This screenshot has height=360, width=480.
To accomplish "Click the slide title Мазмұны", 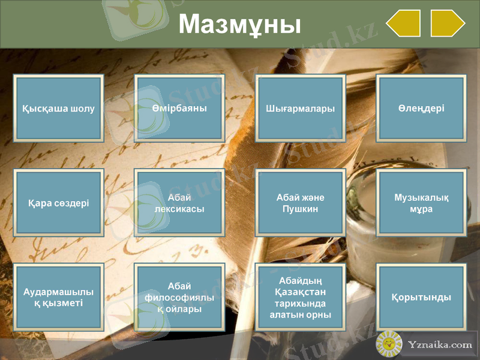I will tap(239, 25).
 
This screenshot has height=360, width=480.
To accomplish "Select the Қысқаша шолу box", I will tap(59, 109).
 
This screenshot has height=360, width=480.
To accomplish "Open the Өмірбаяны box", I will tap(179, 109).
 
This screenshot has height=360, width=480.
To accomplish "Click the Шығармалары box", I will tap(300, 109).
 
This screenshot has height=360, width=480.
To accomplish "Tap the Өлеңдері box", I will tap(421, 109).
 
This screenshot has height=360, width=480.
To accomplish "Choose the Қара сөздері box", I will tap(59, 203).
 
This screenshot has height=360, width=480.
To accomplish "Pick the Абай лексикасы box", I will tap(179, 203).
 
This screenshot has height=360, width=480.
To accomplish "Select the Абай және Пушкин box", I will tap(300, 203).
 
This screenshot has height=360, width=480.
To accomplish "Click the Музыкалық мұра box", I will tap(421, 203).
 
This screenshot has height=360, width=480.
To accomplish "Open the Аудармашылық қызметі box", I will tap(59, 298).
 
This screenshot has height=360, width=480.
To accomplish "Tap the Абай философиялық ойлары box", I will tap(179, 298).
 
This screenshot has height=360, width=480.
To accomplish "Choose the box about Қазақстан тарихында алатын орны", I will tap(300, 298).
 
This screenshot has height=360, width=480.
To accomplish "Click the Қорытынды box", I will tap(421, 298).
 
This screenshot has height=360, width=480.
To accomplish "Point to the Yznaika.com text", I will tap(440, 345).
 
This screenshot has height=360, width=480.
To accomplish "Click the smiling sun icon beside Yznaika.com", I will tap(389, 344).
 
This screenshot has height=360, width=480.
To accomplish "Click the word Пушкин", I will tap(300, 209).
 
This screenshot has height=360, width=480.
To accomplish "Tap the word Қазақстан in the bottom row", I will tap(300, 292).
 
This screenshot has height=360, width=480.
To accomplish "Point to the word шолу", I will tap(82, 109).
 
